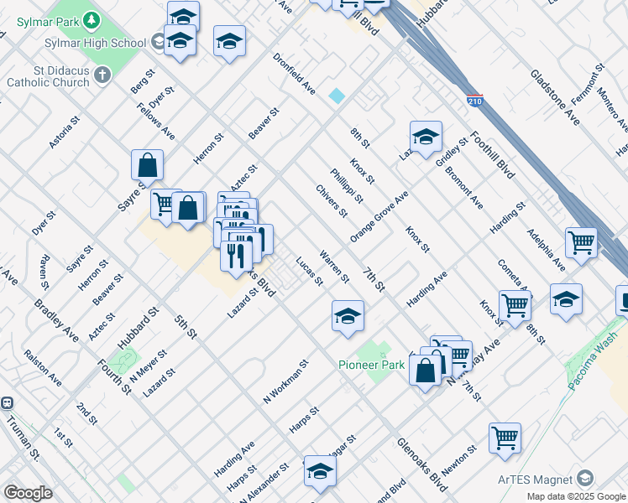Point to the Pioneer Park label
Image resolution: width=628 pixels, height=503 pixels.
coord(371,365)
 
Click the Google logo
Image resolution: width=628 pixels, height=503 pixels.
coord(28,492)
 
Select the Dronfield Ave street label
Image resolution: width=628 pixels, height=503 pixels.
coord(294,74)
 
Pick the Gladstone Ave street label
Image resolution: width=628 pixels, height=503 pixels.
coord(555,97)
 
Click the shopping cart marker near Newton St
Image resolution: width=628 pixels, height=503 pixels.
coord(505,437)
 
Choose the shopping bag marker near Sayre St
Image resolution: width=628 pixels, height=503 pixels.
coord(147,164)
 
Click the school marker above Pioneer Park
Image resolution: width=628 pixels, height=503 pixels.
coord(348,316)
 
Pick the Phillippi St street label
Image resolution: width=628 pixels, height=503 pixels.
coord(346,186)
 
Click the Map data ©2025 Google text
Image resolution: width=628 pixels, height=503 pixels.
coord(575,496)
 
